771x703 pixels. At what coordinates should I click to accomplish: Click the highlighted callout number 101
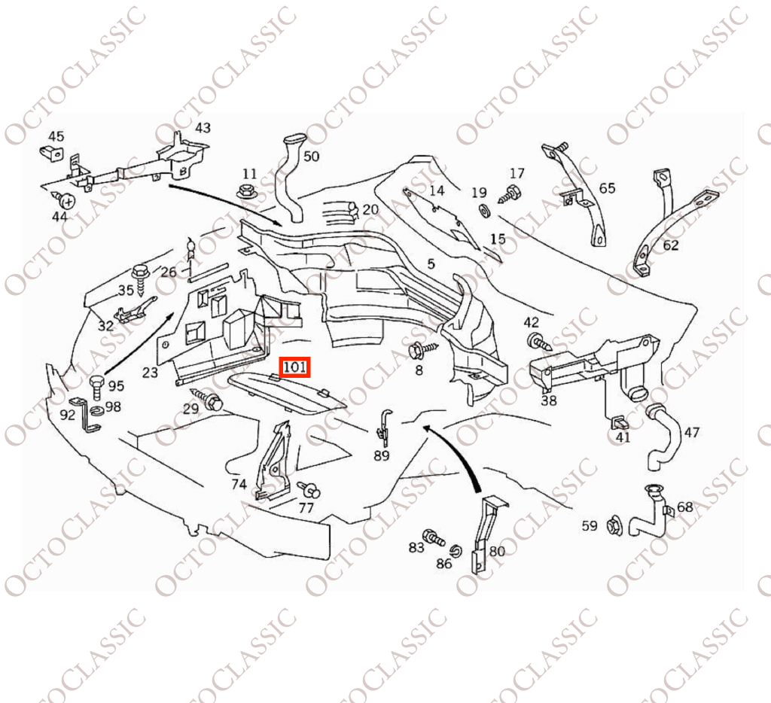tap(295, 368)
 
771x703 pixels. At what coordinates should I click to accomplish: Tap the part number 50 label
tap(311, 156)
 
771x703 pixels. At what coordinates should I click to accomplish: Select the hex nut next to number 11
tap(245, 190)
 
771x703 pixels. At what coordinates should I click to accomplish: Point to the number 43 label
tap(203, 128)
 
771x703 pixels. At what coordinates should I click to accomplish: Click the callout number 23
tap(150, 371)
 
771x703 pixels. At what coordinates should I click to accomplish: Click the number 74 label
tap(239, 484)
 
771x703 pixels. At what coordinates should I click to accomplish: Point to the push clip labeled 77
tap(309, 490)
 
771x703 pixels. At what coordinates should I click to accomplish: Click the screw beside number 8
tap(422, 349)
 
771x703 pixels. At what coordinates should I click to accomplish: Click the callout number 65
tap(607, 187)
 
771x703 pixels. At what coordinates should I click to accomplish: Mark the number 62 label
tap(670, 245)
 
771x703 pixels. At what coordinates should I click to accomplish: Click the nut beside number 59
tap(613, 525)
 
